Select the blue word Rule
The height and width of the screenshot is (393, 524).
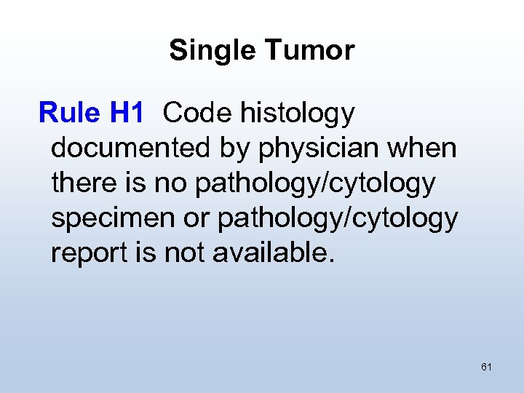pos(69,113)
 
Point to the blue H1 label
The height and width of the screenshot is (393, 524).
pos(127,113)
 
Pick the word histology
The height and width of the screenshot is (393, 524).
pos(295,114)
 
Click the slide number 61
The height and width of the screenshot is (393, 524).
pos(486,367)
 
